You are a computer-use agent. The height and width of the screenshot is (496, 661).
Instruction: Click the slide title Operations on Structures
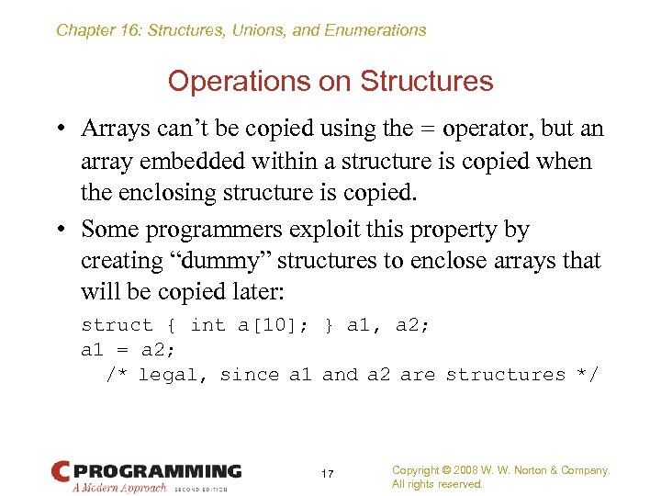tap(330, 81)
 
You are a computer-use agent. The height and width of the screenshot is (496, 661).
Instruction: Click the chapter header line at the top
tap(241, 30)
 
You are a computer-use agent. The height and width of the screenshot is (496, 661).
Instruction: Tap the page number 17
tap(328, 474)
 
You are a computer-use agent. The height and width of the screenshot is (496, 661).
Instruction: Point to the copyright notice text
tap(500, 477)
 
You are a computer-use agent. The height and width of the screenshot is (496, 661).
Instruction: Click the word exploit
tap(350, 229)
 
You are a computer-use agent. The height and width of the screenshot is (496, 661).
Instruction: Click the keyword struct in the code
tap(118, 325)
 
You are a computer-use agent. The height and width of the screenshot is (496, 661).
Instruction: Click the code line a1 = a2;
tap(128, 350)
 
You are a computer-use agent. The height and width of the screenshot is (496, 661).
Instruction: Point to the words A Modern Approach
tap(120, 488)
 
